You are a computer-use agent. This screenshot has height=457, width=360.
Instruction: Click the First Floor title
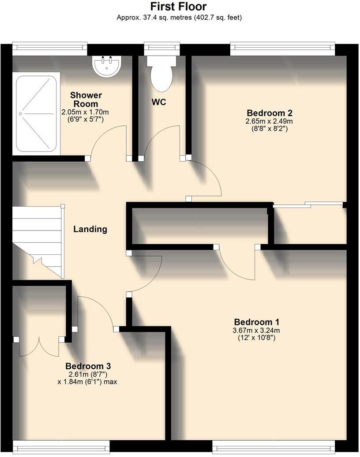(178, 7)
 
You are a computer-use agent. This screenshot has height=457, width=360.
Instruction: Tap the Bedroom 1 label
(256, 322)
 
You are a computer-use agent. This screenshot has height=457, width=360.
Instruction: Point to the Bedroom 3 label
(88, 366)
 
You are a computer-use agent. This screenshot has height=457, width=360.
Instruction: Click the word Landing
(90, 229)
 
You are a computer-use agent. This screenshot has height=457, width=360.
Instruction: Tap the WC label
(159, 102)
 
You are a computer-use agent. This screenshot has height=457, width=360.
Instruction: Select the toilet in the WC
(161, 72)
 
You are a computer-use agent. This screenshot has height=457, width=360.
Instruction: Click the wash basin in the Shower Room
(106, 66)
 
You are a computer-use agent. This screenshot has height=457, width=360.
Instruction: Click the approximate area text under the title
(179, 18)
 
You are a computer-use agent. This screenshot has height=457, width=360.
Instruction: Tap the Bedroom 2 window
(282, 48)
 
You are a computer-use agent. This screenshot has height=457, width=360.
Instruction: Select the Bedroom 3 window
(61, 447)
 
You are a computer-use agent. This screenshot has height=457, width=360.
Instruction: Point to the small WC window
(162, 48)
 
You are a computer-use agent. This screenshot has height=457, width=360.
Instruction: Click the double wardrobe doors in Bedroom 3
(39, 347)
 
